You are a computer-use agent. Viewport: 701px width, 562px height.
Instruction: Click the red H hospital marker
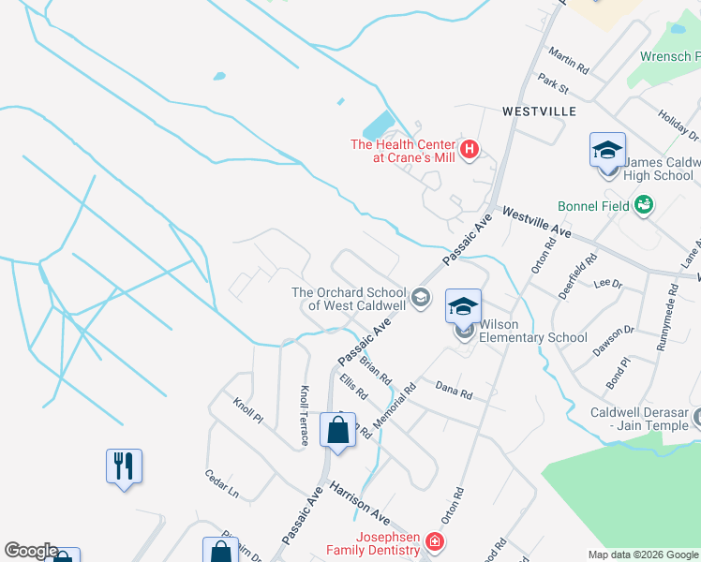(470, 148)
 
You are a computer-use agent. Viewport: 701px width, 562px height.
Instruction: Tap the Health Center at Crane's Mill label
(402, 151)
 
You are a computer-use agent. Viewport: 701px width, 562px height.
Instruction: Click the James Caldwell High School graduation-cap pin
(607, 150)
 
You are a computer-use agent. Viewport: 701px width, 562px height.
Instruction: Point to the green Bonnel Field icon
(643, 204)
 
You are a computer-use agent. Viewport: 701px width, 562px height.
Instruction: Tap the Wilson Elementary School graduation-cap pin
(463, 306)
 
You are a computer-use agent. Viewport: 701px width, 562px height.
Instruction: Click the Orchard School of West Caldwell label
(349, 299)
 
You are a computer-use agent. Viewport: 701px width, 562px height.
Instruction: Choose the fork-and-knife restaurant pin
(124, 466)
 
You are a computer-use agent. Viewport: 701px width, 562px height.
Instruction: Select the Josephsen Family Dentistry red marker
(434, 541)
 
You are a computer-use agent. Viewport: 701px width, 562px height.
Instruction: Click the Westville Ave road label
(537, 222)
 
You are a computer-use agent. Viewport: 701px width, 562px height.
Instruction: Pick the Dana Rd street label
(455, 390)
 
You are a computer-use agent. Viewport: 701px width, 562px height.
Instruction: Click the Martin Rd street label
(569, 63)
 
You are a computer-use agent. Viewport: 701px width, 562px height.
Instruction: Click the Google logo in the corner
(31, 551)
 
